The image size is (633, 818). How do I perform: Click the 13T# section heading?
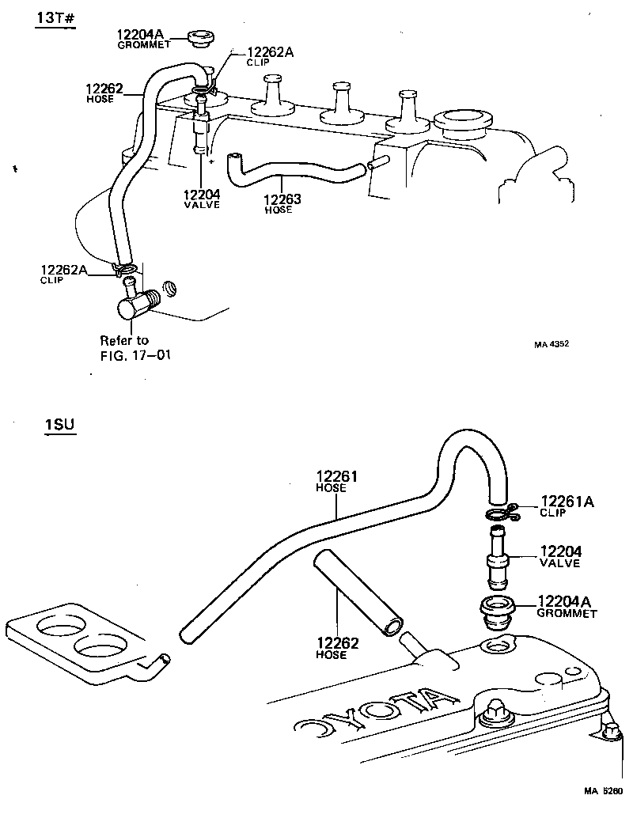pos(55,18)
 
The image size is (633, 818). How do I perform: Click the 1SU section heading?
pos(59,426)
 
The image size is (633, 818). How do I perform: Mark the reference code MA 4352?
pos(552,344)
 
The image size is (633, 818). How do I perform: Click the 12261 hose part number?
pos(339,481)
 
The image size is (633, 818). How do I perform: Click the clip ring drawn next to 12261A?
pos(499,516)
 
